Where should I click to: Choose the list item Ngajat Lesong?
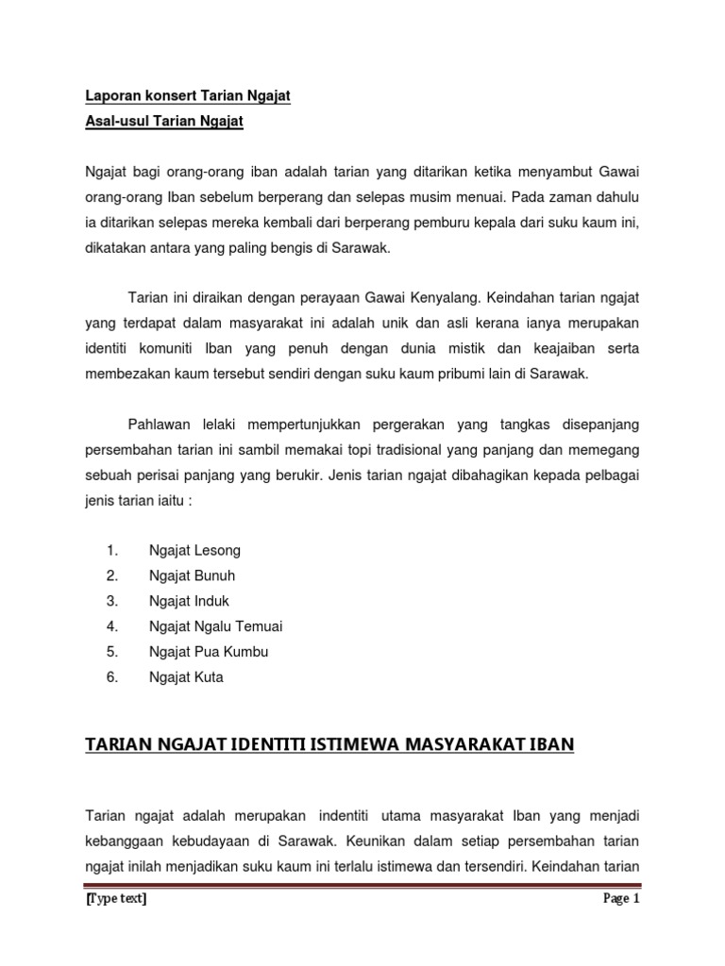point(194,550)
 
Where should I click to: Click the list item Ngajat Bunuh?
point(193,575)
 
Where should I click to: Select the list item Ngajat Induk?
point(189,601)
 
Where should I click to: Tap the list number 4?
point(111,626)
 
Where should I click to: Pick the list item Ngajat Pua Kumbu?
point(209,652)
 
